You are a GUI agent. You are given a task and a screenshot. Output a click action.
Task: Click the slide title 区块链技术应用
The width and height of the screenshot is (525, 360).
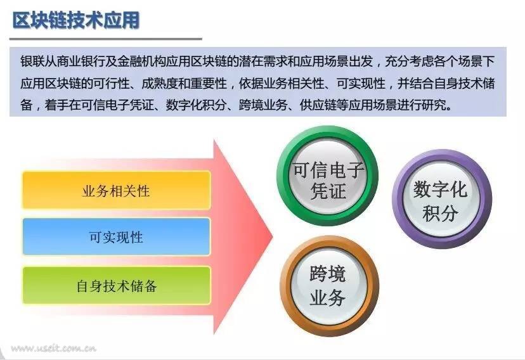point(76,20)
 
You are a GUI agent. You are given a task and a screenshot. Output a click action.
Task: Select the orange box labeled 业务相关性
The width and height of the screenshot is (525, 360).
point(116,190)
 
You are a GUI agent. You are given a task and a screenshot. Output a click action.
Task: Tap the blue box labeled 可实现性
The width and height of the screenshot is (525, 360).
point(116,237)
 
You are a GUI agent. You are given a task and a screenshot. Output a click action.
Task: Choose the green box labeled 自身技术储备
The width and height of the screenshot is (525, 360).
point(116,285)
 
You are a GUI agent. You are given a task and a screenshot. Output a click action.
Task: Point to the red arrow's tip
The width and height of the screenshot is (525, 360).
point(273,237)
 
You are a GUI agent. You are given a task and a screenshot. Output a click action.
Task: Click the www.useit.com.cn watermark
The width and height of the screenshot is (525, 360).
point(53,349)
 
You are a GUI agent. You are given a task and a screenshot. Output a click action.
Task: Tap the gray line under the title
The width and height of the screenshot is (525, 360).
point(106,39)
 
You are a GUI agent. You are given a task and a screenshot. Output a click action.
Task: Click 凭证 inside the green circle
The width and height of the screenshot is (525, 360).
point(328,191)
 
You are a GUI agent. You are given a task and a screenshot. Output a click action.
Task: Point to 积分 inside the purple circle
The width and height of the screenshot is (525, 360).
point(440,213)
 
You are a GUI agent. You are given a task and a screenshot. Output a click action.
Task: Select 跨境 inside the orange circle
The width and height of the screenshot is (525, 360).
point(327,274)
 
